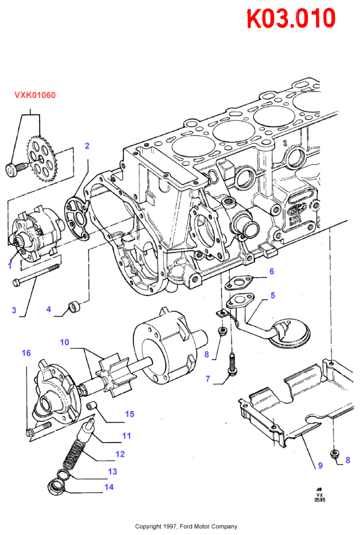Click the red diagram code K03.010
[291, 18]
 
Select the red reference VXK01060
[35, 95]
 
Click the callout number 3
[14, 310]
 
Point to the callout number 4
[49, 309]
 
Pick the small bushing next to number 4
[75, 306]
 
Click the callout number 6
[272, 272]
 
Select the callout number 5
[272, 295]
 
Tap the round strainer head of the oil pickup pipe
[290, 333]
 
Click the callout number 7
[208, 378]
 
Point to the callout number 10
[65, 342]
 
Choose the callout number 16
[27, 353]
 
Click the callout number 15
[130, 414]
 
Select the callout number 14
[109, 487]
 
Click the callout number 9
[320, 465]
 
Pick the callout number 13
[112, 471]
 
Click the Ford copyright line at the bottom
[186, 526]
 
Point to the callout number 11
[127, 436]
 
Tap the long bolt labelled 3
[36, 275]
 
